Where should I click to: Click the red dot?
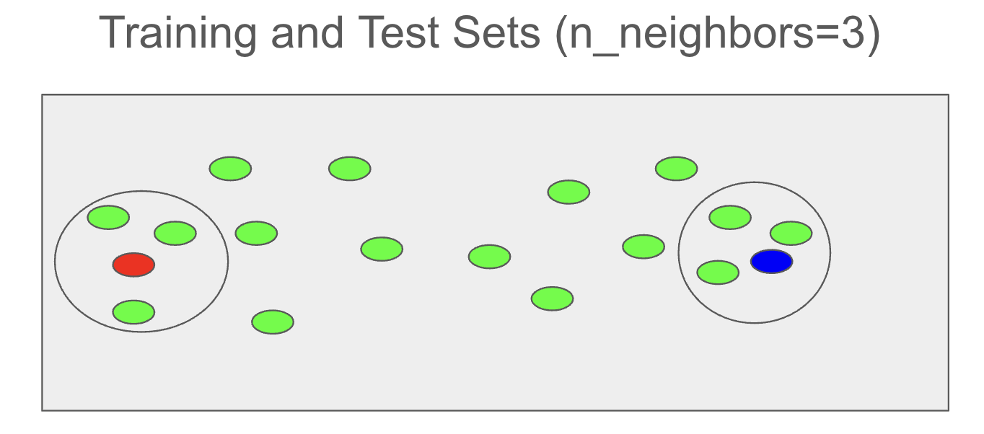pyautogui.click(x=133, y=265)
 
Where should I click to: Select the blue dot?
pyautogui.click(x=771, y=261)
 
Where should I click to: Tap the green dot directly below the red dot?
pyautogui.click(x=133, y=312)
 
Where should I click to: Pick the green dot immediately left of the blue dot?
pyautogui.click(x=718, y=273)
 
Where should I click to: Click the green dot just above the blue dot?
pyautogui.click(x=791, y=234)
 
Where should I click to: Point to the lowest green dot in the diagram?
pyautogui.click(x=273, y=322)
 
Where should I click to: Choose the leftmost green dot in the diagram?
pyautogui.click(x=108, y=217)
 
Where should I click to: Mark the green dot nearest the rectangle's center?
pyautogui.click(x=489, y=256)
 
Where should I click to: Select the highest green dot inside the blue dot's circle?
pyautogui.click(x=730, y=217)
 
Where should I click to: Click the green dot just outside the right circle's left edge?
pyautogui.click(x=643, y=247)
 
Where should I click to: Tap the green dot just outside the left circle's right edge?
pyautogui.click(x=256, y=234)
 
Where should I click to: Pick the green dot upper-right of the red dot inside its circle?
pyautogui.click(x=175, y=234)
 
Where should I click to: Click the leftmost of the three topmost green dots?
pyautogui.click(x=230, y=169)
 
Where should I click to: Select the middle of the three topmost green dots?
pyautogui.click(x=350, y=169)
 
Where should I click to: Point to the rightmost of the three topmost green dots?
pyautogui.click(x=676, y=169)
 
